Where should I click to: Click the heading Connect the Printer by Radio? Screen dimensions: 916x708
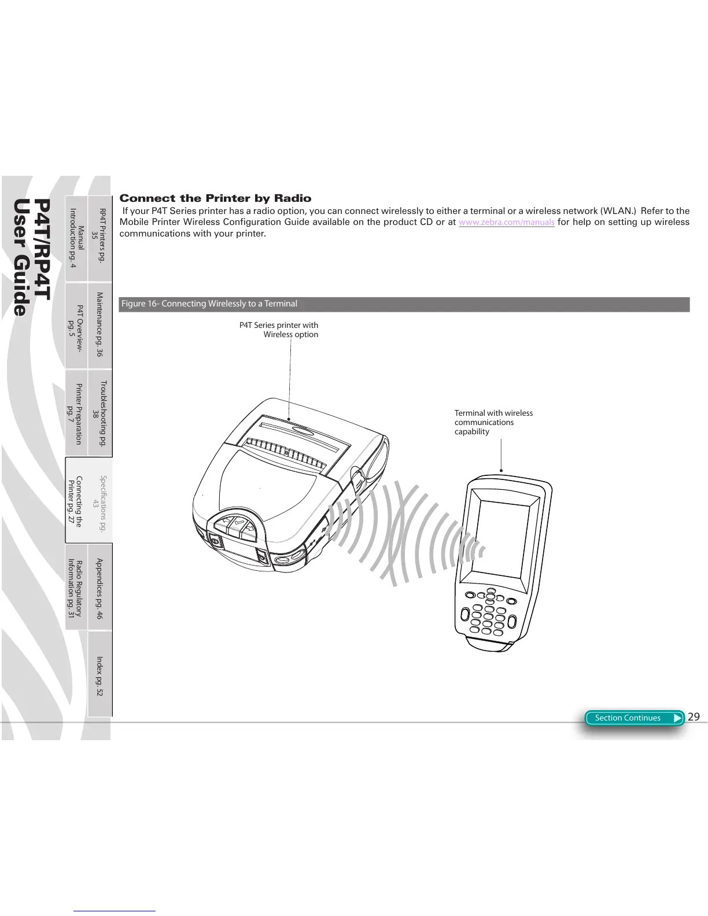215,198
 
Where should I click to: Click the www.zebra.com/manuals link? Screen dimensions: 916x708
506,223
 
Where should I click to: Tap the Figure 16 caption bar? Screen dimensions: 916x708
404,304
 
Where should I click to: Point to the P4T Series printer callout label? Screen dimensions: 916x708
279,330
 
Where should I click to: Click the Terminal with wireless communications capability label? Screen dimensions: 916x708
493,422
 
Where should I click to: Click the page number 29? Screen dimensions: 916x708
694,717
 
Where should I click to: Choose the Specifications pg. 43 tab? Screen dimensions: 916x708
100,500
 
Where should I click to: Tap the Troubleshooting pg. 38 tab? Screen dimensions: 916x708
100,413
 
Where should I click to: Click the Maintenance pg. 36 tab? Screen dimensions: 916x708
100,324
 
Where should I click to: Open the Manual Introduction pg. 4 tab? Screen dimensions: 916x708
76,237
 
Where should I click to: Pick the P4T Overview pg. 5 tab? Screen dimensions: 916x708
76,325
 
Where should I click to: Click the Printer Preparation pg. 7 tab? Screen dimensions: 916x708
76,413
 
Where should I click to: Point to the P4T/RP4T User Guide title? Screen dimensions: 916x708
31,257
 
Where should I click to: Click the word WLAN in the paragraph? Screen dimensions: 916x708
618,211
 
